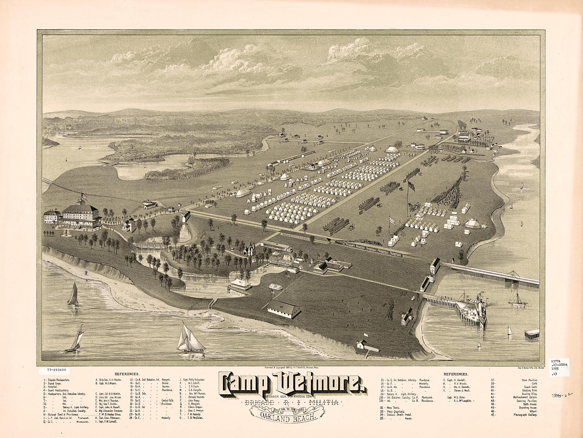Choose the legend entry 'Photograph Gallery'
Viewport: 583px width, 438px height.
point(525,415)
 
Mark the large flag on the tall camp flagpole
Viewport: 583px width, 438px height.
point(411,186)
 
